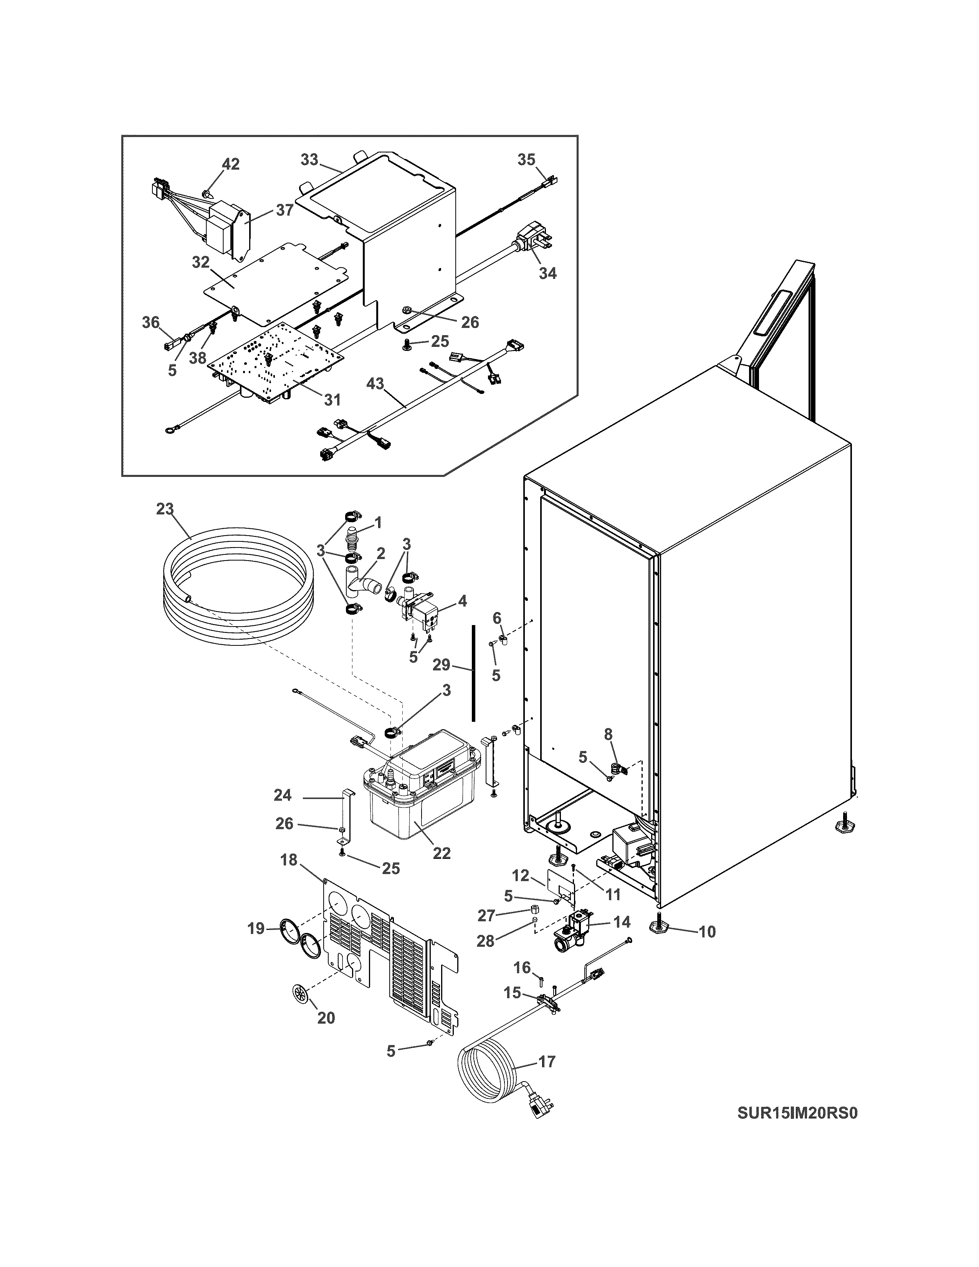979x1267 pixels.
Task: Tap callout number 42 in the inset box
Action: [x=231, y=164]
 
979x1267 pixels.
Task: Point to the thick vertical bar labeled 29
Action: [x=473, y=673]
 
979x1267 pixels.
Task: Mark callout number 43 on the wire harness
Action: [x=375, y=384]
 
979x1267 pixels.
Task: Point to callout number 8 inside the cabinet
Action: [x=608, y=734]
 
